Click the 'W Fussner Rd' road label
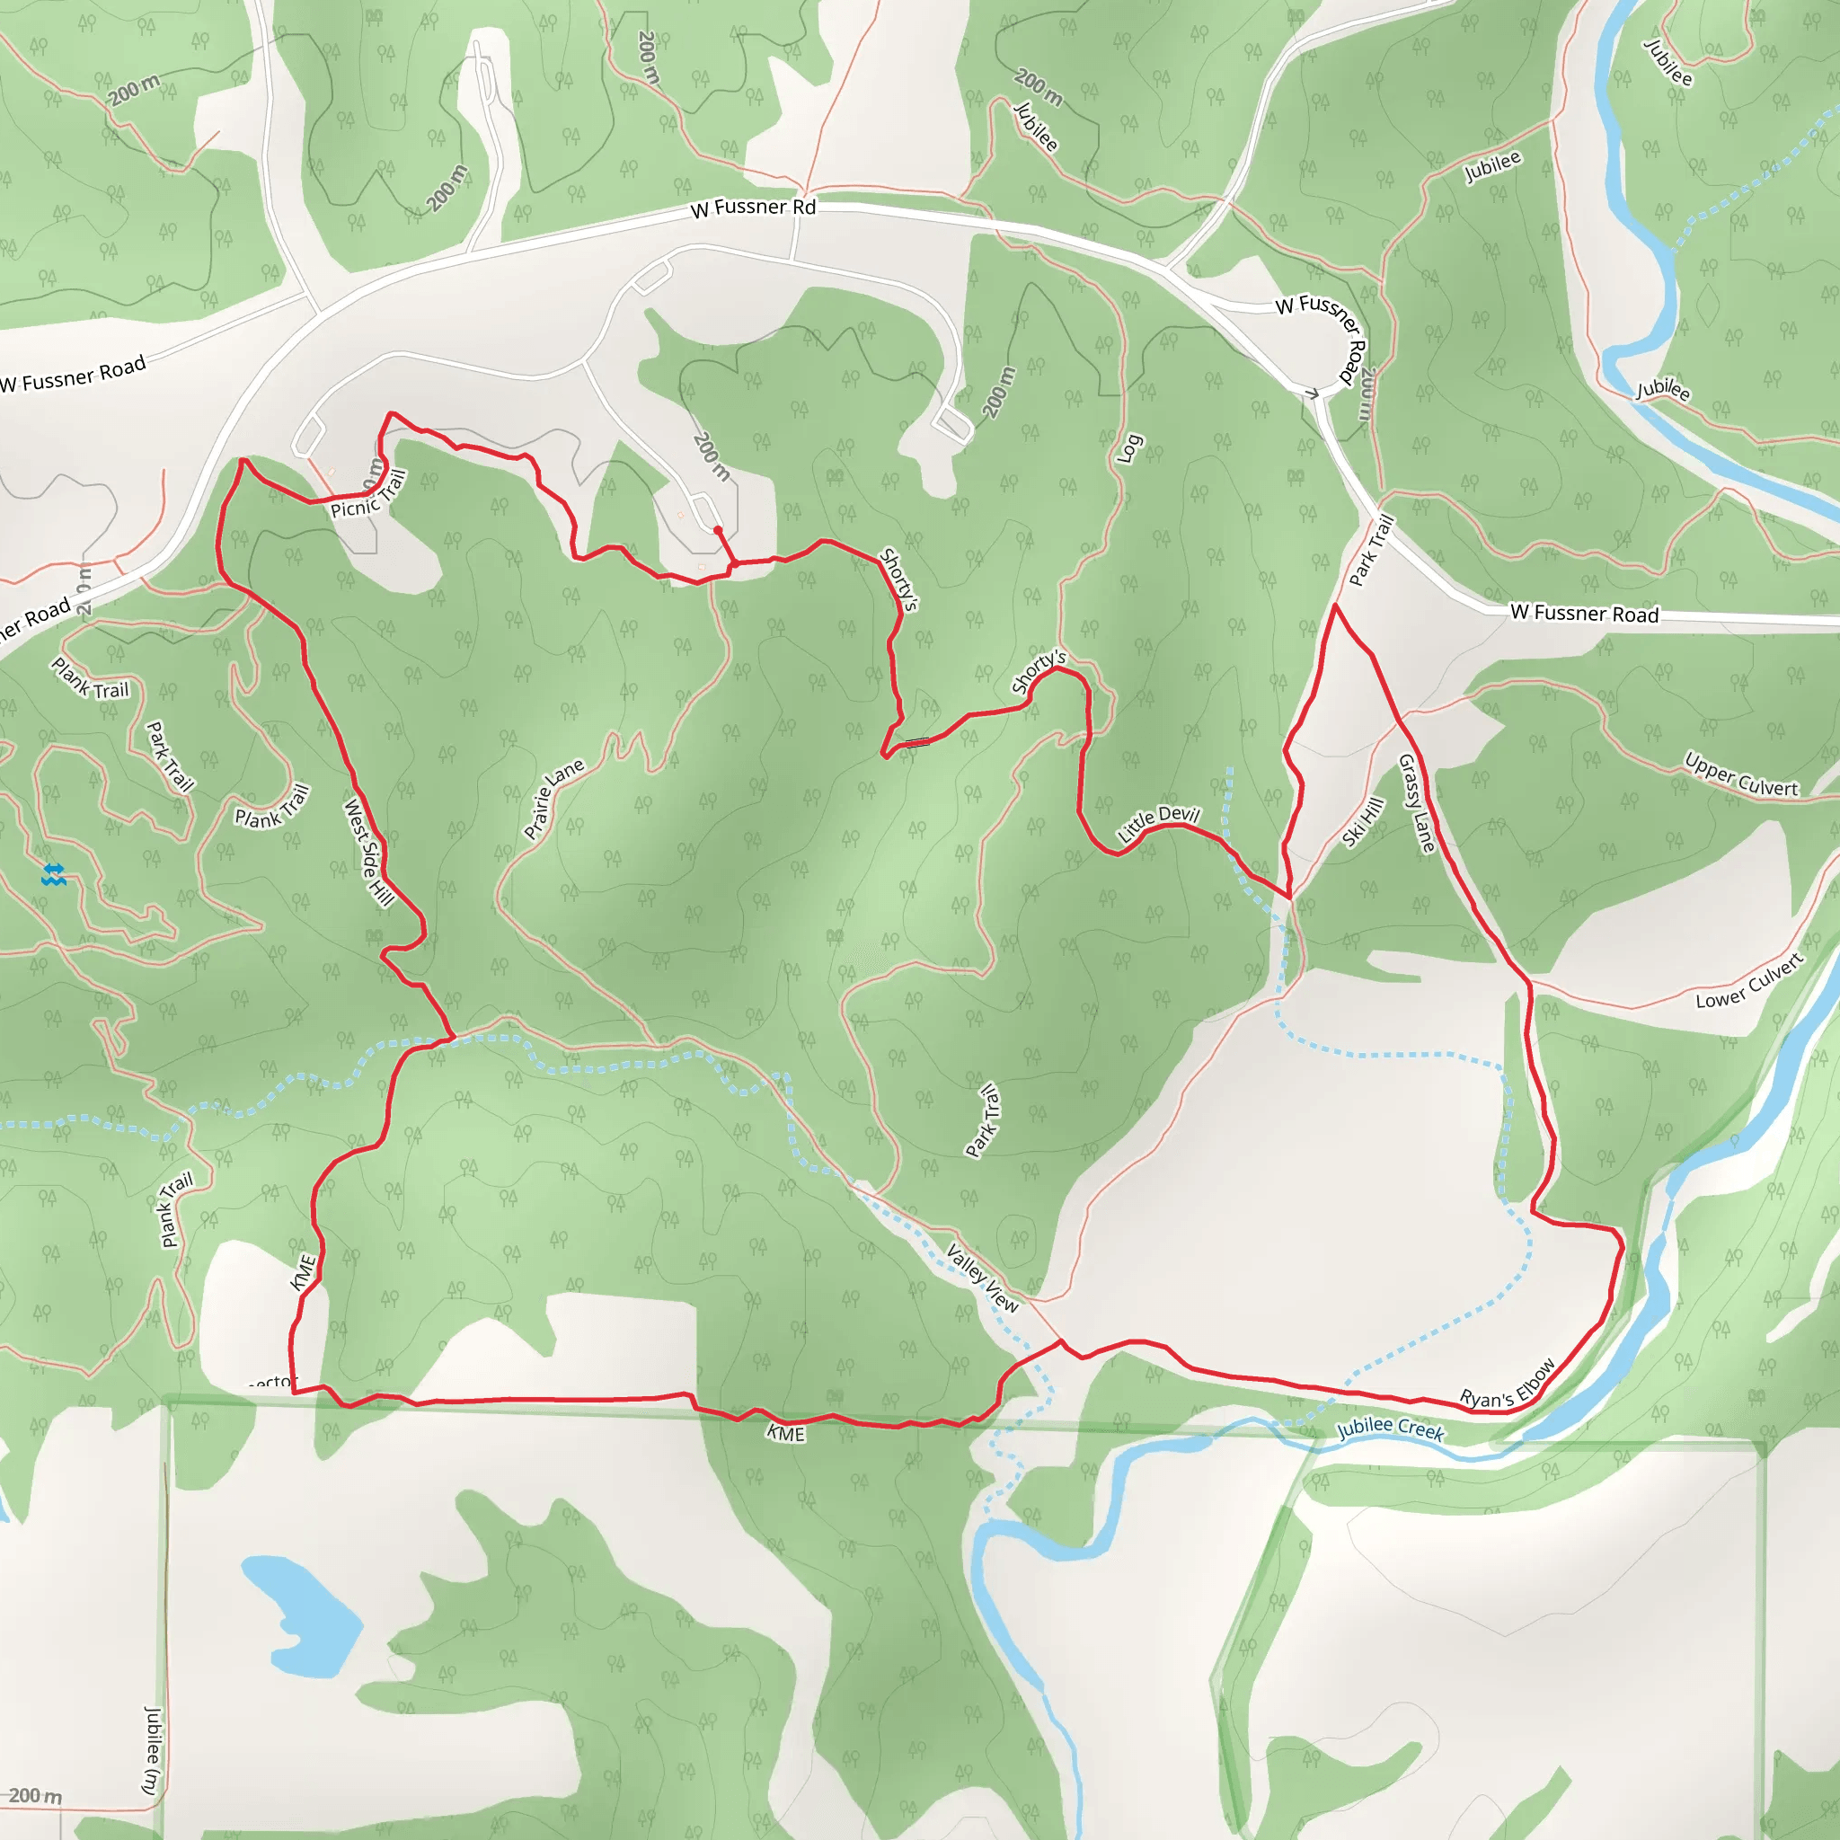(753, 207)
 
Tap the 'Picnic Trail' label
(368, 495)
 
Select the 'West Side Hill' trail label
(368, 852)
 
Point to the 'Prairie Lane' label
(553, 799)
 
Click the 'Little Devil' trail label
(1158, 823)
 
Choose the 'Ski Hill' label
(1363, 822)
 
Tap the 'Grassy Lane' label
(1415, 803)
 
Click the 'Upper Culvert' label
(1741, 775)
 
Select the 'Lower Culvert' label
(1749, 982)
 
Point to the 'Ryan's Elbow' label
(1508, 1384)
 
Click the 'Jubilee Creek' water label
(1391, 1428)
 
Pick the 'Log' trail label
(1128, 448)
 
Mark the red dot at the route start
(717, 530)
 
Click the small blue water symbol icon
(53, 874)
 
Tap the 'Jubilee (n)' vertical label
(152, 1750)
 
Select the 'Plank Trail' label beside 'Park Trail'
(272, 806)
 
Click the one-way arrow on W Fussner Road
(1313, 394)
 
